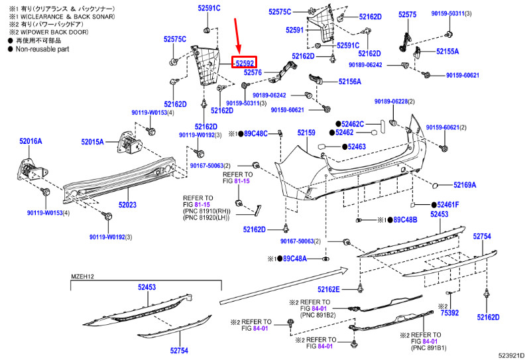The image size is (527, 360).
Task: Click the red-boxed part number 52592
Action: [x=245, y=63]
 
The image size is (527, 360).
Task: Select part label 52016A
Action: [x=30, y=141]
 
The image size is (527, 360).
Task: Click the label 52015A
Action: [x=93, y=141]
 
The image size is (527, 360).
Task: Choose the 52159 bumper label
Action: [x=306, y=133]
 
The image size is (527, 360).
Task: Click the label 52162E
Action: [x=328, y=289]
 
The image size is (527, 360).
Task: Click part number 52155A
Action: [x=447, y=51]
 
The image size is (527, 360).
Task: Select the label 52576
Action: [x=253, y=72]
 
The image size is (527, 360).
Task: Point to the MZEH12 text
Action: [x=84, y=276]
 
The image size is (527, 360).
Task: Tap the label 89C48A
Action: [x=295, y=259]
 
